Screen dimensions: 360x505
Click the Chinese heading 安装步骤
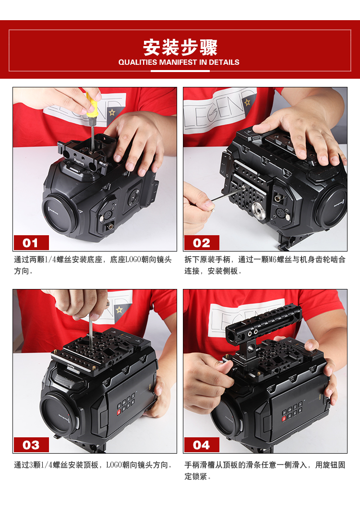180,48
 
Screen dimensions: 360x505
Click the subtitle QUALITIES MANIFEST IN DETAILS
179,62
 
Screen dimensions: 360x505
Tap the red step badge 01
31,242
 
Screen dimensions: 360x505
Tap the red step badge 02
202,242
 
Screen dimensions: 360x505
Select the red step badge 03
31,445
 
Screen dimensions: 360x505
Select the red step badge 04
202,445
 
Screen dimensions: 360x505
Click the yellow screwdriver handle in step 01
91,104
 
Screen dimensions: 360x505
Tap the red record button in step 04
284,419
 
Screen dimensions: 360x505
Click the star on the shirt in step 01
112,112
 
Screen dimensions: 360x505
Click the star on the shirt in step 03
119,310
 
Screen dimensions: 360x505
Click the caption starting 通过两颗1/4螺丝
93,265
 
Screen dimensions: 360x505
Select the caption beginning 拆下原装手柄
264,265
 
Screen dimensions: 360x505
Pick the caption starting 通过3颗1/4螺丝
93,465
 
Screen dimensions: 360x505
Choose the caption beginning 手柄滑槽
264,470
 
